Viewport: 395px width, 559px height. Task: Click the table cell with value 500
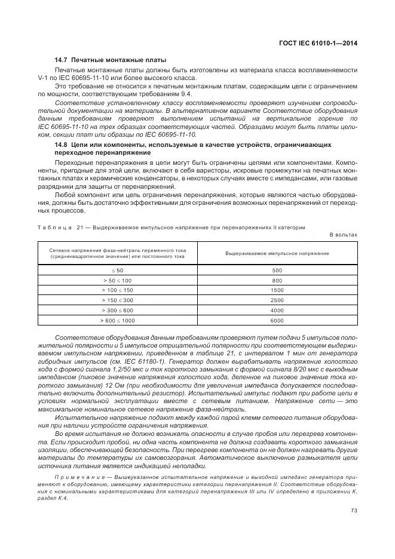pos(277,271)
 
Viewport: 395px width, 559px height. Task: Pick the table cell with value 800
pos(277,280)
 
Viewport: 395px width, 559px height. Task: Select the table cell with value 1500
pos(277,290)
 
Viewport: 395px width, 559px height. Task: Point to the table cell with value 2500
pos(277,300)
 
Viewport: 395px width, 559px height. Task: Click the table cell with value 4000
pos(277,311)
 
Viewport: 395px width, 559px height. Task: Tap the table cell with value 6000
pos(277,321)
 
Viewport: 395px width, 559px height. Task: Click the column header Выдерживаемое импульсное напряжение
pos(277,253)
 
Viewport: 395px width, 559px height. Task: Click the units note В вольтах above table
pos(343,235)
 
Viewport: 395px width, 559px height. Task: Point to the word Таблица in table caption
pos(55,227)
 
